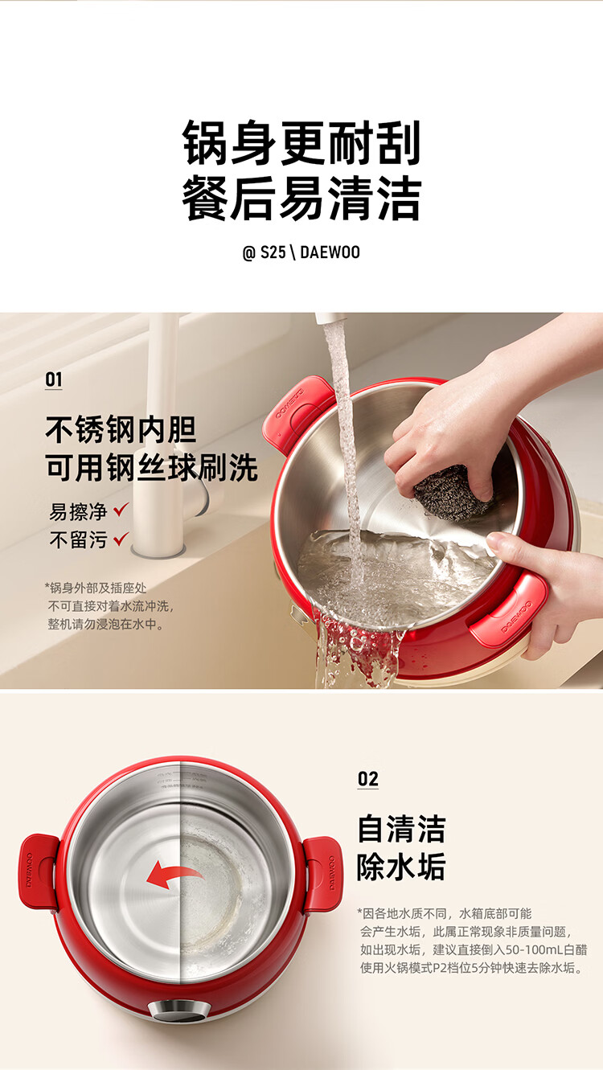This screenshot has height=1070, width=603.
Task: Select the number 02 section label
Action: point(368,779)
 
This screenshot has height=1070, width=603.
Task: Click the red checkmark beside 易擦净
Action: point(121,510)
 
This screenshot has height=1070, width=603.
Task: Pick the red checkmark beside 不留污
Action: point(121,539)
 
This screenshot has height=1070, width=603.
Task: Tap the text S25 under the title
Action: point(273,252)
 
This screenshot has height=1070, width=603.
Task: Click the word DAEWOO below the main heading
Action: point(330,252)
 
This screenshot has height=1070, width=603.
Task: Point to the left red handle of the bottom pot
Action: point(39,871)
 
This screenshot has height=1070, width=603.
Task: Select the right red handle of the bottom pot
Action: point(323,874)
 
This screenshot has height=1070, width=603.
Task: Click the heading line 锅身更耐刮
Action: point(301,143)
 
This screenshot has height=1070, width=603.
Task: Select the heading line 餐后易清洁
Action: point(301,198)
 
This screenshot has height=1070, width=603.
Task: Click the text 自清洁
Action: point(401,829)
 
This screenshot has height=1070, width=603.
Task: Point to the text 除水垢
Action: point(401,866)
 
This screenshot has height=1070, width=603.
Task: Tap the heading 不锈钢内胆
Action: point(121,429)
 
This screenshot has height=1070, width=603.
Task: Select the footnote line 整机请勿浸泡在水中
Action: point(103,624)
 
